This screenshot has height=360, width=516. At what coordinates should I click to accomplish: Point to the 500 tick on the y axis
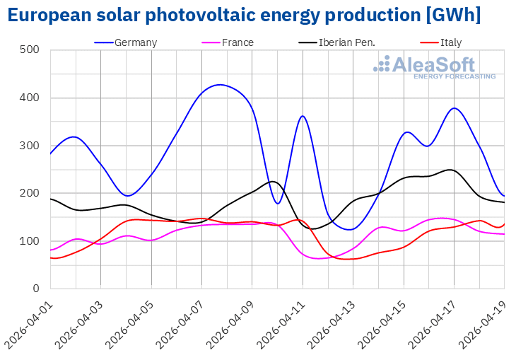pyautogui.click(x=30, y=50)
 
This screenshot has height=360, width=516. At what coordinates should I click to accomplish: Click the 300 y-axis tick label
pyautogui.click(x=30, y=146)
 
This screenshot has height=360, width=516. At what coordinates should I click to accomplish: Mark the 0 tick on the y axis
pyautogui.click(x=35, y=289)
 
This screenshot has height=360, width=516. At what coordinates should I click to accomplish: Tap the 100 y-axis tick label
pyautogui.click(x=30, y=241)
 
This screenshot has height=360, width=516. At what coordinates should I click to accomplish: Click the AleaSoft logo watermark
pyautogui.click(x=435, y=67)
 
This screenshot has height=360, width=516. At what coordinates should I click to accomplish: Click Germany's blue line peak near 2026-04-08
pyautogui.click(x=221, y=85)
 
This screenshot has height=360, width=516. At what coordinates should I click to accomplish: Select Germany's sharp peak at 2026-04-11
pyautogui.click(x=303, y=116)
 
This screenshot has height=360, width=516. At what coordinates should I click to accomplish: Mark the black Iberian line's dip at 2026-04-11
pyautogui.click(x=305, y=228)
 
